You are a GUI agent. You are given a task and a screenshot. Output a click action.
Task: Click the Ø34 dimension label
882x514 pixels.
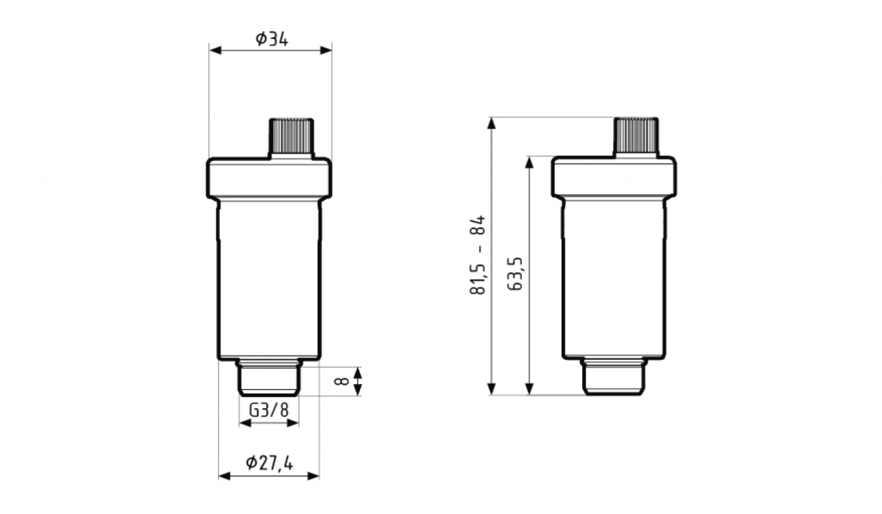pos(271,39)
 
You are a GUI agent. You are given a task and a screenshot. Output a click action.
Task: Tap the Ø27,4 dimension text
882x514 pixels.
pos(270,462)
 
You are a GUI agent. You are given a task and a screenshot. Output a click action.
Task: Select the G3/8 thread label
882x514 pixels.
pos(269,410)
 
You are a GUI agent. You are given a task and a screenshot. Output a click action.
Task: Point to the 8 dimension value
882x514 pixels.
pos(341,381)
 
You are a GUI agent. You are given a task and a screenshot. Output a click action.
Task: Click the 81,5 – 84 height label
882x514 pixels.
pos(477,255)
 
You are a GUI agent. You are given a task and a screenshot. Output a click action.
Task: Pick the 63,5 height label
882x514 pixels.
pos(515,274)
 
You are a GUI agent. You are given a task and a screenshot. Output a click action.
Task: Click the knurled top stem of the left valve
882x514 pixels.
pos(291,136)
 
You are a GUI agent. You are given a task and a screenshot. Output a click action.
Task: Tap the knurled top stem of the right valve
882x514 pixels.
pos(636,136)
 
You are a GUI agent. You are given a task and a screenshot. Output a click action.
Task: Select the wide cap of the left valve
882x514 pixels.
pos(270,178)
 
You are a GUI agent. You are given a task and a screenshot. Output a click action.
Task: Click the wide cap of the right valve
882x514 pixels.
pos(613,177)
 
